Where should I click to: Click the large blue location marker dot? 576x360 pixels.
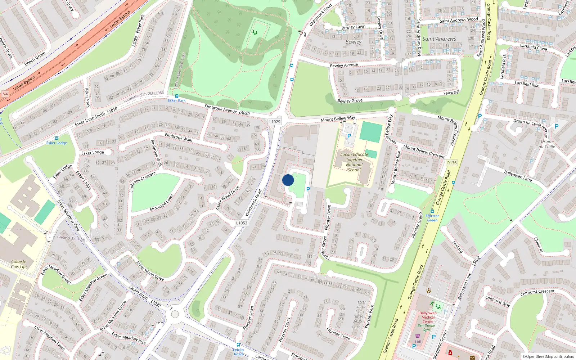[x=288, y=180]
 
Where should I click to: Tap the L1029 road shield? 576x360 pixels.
[x=275, y=122]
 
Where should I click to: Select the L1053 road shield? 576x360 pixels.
[x=242, y=223]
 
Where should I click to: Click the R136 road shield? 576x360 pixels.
[x=452, y=163]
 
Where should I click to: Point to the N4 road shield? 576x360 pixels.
[x=5, y=94]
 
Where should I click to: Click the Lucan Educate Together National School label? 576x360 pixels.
[x=354, y=162]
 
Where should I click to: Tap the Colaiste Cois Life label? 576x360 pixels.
[x=19, y=264]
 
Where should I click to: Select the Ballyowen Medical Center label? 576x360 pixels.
[x=428, y=317]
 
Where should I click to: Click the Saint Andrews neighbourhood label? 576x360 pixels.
[x=439, y=39]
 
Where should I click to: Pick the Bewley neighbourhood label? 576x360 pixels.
[x=354, y=42]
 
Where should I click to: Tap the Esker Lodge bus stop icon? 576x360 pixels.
[x=57, y=138]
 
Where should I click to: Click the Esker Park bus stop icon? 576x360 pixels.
[x=177, y=96]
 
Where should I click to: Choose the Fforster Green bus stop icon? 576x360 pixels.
[x=432, y=212]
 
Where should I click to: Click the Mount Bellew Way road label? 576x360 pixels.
[x=338, y=119]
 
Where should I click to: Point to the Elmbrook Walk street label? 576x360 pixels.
[x=179, y=137]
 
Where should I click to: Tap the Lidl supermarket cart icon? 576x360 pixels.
[x=418, y=336]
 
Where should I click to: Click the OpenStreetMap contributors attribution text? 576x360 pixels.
[x=548, y=357]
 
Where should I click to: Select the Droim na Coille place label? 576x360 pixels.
[x=546, y=144]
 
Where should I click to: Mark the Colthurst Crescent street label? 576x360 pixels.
[x=537, y=293]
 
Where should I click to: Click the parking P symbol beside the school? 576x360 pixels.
[x=349, y=136]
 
